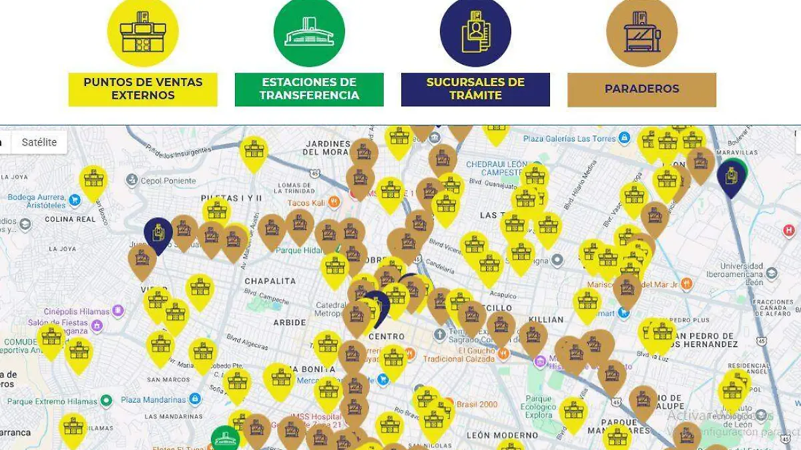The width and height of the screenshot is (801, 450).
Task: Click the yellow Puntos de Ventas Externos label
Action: point(143,89)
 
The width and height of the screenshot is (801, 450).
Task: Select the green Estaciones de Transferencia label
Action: point(309,89)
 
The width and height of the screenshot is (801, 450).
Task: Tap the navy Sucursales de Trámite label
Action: point(475,89)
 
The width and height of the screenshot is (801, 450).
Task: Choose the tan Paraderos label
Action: point(641,89)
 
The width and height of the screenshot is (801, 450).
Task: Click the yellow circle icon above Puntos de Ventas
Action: point(143,32)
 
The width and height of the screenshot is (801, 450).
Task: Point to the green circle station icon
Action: point(309,32)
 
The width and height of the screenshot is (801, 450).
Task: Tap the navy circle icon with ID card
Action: point(475,32)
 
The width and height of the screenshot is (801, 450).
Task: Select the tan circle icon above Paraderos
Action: point(641,32)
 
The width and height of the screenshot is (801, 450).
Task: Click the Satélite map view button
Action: point(39,142)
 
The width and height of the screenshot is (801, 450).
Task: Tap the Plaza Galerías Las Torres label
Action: point(569,138)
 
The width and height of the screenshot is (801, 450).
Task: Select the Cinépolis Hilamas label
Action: point(76,311)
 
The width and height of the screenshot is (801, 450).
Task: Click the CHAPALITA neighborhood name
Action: point(270,281)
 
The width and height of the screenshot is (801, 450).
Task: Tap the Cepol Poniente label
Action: point(168,180)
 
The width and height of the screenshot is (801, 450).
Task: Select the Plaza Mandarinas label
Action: point(153,399)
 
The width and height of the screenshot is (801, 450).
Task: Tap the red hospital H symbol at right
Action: point(789,231)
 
